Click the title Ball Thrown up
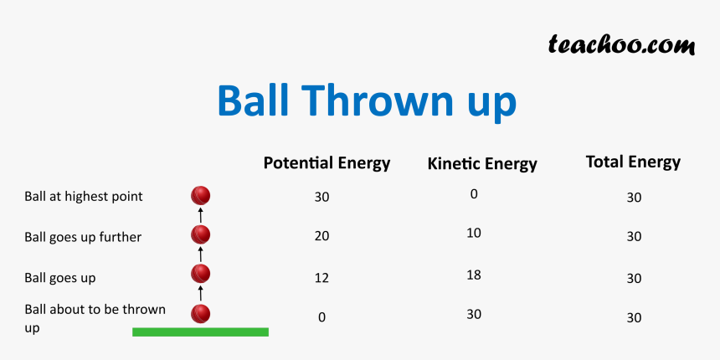[366, 101]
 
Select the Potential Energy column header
[327, 163]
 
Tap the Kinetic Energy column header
[481, 164]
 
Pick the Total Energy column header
[633, 162]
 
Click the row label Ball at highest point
[84, 197]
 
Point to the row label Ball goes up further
[83, 237]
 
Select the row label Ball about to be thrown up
[95, 318]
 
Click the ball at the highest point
[200, 196]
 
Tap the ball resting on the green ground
[200, 314]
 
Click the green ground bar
[200, 332]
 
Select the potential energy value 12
[321, 278]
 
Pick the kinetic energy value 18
[473, 275]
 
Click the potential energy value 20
[321, 237]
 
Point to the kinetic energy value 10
[473, 233]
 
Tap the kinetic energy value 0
[473, 194]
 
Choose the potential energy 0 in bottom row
[321, 317]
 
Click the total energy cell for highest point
[634, 198]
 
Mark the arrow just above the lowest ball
[200, 293]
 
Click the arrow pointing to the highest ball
[200, 215]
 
